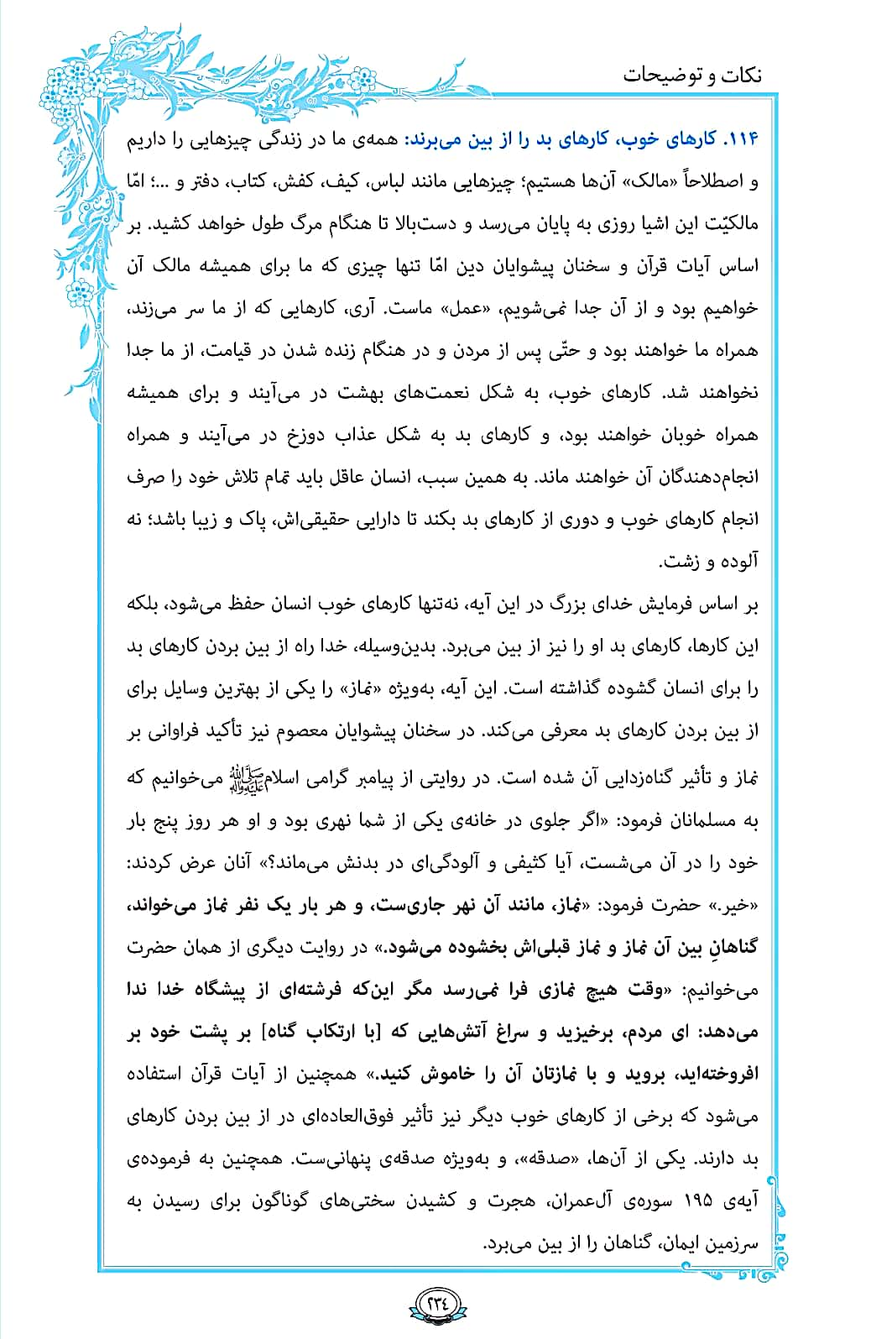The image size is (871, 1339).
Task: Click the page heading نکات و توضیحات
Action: point(692,76)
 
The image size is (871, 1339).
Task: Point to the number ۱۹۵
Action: point(696,1200)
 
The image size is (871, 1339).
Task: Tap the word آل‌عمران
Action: point(587,1200)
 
